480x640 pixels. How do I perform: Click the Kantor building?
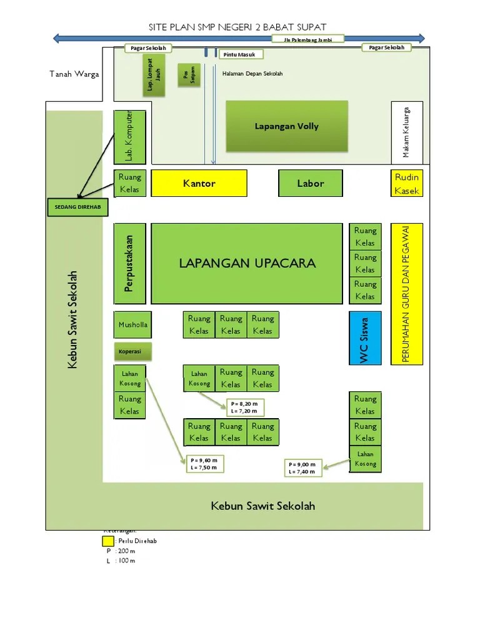(199, 184)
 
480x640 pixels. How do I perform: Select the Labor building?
(310, 184)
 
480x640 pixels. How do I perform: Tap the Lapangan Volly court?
(286, 126)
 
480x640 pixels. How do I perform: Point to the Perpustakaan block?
(130, 263)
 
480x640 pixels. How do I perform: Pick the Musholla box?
(132, 325)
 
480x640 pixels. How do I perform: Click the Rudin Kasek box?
(407, 184)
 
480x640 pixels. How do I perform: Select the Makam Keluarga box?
(407, 132)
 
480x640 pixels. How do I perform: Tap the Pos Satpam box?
(185, 74)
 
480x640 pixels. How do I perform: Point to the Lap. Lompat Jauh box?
(156, 78)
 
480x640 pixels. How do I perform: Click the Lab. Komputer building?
(129, 137)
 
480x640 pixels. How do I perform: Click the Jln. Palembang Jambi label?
(309, 39)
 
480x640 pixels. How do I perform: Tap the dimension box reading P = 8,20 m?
(244, 407)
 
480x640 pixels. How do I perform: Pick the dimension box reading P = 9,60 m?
(205, 464)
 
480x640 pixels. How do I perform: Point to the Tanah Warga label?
(74, 74)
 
